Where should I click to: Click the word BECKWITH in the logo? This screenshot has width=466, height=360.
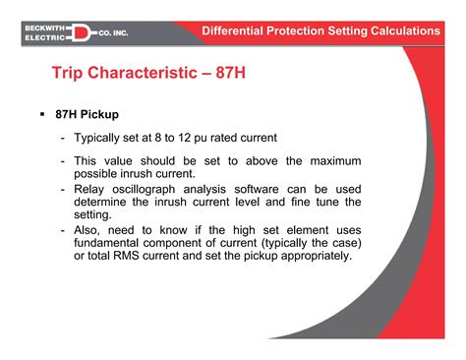[44, 27]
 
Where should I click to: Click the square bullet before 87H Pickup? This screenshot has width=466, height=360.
[43, 115]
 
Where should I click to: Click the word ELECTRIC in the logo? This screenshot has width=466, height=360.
[44, 38]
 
